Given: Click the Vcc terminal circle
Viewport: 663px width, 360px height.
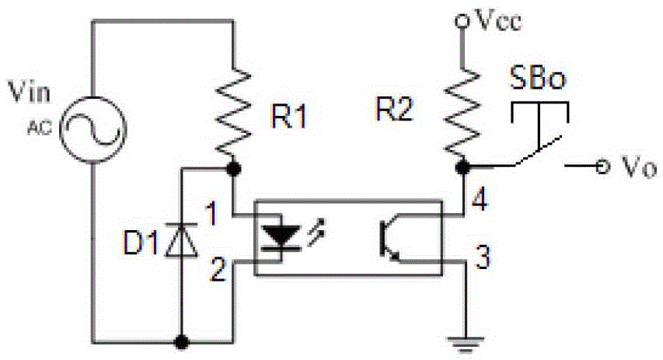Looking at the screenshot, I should (462, 23).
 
